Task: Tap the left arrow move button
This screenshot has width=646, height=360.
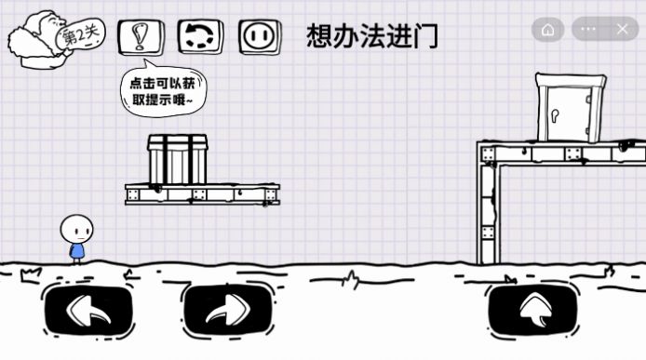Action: click(x=88, y=308)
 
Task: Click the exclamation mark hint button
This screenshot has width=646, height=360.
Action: click(x=141, y=36)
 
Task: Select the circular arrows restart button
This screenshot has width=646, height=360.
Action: click(x=200, y=36)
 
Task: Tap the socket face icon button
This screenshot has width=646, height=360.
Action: click(x=260, y=36)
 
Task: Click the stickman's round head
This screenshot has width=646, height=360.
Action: click(x=76, y=229)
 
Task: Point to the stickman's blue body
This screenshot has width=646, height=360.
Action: click(x=77, y=250)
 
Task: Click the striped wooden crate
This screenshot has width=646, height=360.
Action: click(x=178, y=159)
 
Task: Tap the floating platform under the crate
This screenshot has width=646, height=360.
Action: click(x=202, y=194)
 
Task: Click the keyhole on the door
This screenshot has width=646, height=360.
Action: click(x=556, y=117)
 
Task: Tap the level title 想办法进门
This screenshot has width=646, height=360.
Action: click(x=372, y=36)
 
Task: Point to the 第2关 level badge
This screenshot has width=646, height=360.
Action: click(x=80, y=35)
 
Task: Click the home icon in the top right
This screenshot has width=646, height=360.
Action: click(x=548, y=30)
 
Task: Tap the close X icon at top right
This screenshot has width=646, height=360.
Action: click(x=622, y=30)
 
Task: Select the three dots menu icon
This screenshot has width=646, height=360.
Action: click(x=588, y=30)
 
